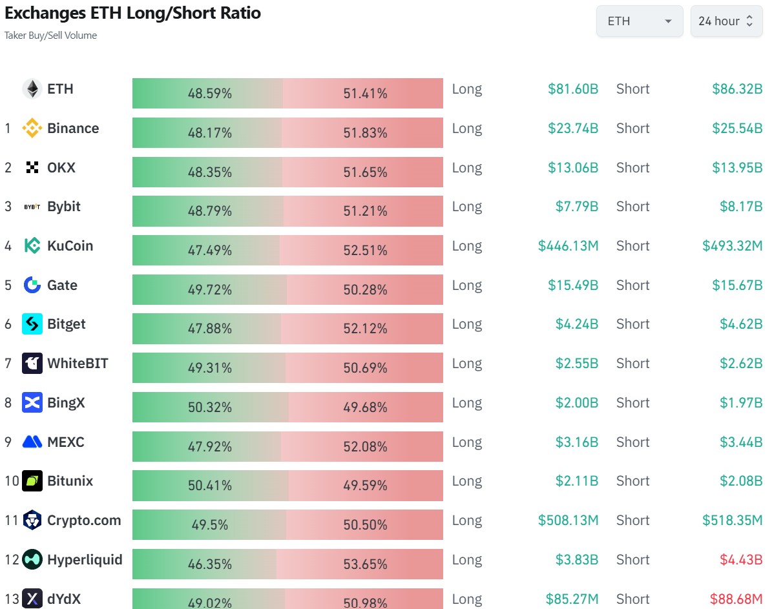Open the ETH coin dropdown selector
[x=639, y=21]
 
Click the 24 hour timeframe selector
[x=726, y=21]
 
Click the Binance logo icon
[x=32, y=129]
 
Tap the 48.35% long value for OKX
[x=209, y=172]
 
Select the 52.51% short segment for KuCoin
[x=365, y=251]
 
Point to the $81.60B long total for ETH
[x=572, y=89]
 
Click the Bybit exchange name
[x=64, y=207]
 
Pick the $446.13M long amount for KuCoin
[x=568, y=246]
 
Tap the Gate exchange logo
[x=32, y=285]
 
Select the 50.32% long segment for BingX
[x=209, y=408]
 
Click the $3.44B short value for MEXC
[x=741, y=442]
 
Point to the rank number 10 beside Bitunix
[x=11, y=481]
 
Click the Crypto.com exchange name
[x=84, y=521]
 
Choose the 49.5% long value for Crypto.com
[x=209, y=525]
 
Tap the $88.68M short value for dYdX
[x=736, y=599]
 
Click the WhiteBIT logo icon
[x=32, y=364]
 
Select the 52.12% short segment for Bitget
[x=365, y=329]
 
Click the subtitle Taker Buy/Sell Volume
[x=50, y=36]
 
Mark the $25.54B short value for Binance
[x=737, y=129]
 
